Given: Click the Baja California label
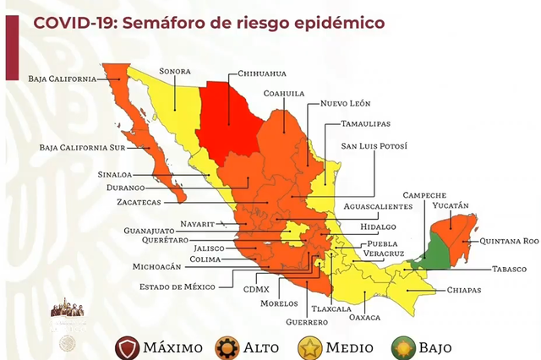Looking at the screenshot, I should point(63,79).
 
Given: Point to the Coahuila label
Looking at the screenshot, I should point(283,93).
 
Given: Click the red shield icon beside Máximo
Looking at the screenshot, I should point(127,346).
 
